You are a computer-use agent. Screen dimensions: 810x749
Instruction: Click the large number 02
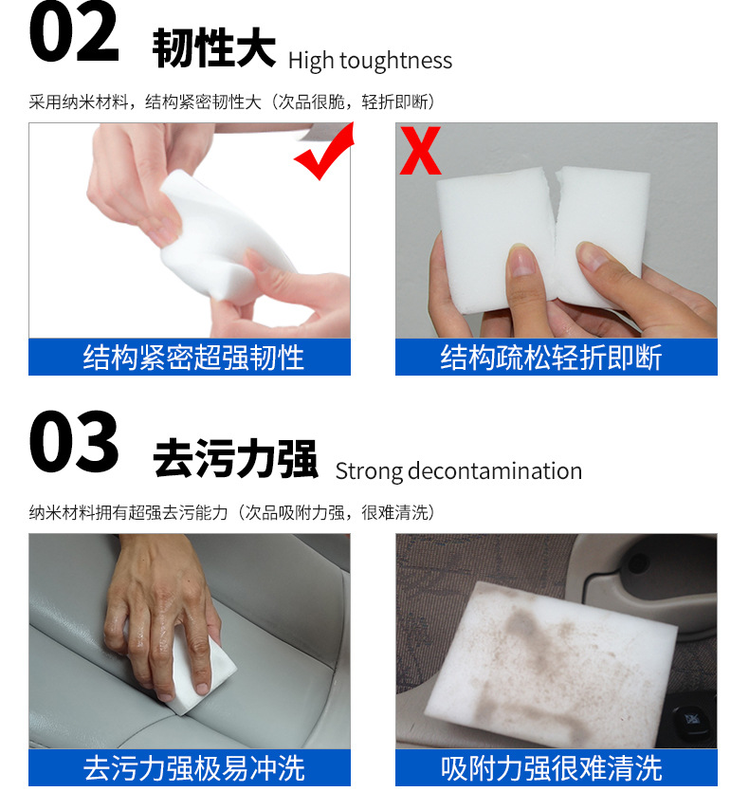[x=74, y=35]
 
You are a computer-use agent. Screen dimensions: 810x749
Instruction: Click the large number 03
[x=74, y=443]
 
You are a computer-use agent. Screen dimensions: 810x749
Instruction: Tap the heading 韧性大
[x=213, y=49]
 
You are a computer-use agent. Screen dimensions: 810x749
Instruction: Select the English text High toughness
[x=370, y=61]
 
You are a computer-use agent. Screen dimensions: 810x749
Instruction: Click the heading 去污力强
[x=235, y=459]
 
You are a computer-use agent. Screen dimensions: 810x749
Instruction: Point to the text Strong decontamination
[x=458, y=470]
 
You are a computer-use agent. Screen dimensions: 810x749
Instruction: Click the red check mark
[x=323, y=152]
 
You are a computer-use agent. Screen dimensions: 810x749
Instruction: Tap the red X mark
[x=420, y=151]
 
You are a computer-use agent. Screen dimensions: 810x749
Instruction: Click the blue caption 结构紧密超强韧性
[x=190, y=358]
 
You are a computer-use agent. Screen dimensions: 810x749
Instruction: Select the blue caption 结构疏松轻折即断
[x=556, y=358]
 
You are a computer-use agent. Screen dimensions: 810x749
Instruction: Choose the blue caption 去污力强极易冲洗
[x=190, y=767]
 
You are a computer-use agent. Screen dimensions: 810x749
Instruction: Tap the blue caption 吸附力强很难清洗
[x=556, y=767]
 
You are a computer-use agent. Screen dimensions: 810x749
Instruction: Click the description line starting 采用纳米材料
[x=232, y=101]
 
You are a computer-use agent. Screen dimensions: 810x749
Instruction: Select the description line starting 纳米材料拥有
[x=232, y=512]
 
